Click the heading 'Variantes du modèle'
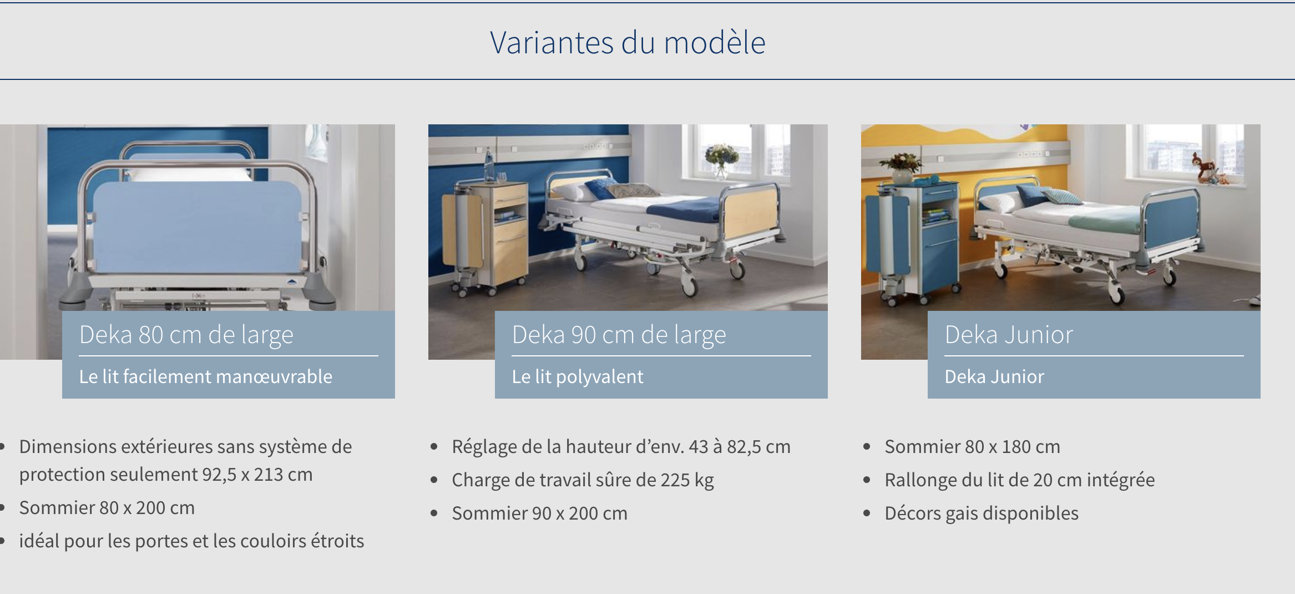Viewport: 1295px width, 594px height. click(x=628, y=42)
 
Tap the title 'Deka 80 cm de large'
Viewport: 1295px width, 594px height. click(x=186, y=335)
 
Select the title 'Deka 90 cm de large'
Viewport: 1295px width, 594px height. click(x=619, y=335)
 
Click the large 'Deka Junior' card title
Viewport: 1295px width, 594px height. click(x=1009, y=335)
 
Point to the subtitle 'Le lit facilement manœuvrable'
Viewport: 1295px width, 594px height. click(x=206, y=376)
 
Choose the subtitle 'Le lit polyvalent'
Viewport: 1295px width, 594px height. click(x=578, y=376)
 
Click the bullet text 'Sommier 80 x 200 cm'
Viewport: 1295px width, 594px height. click(x=107, y=507)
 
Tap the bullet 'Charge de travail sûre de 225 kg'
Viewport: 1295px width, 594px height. click(x=583, y=480)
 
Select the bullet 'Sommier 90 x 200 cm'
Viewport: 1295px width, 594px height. click(x=540, y=513)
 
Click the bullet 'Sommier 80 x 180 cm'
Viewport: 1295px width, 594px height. click(x=973, y=446)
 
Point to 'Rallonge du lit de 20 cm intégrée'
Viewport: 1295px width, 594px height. click(x=1020, y=480)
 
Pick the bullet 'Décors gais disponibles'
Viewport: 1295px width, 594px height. click(x=982, y=513)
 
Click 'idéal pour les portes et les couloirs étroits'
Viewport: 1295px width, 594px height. click(x=191, y=541)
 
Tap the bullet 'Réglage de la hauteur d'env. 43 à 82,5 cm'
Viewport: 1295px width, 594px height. click(x=621, y=446)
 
